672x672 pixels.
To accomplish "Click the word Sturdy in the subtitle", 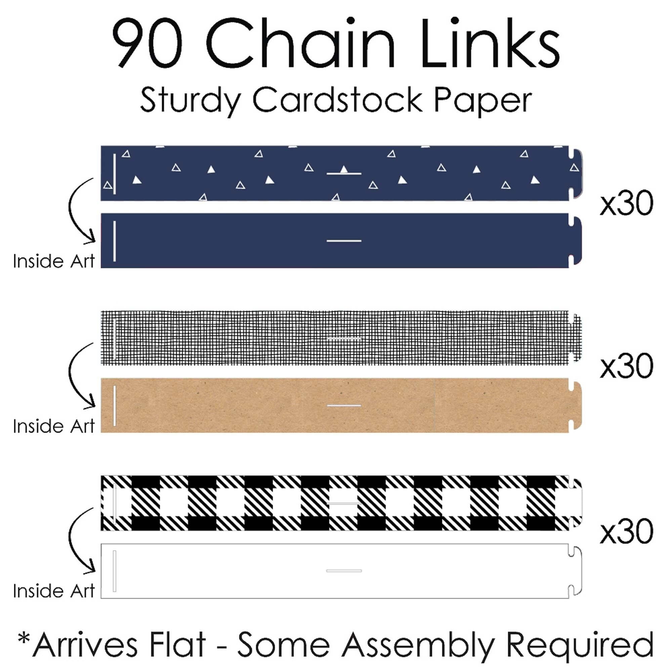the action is [x=191, y=100].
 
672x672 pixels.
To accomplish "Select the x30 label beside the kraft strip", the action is [x=626, y=366].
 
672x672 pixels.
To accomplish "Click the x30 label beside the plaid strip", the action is [x=626, y=531].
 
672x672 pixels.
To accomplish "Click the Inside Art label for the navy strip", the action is [x=53, y=261].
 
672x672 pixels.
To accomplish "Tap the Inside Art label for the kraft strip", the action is [x=53, y=426].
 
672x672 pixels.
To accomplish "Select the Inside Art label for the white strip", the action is [x=53, y=591].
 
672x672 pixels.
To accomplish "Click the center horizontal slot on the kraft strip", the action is [x=344, y=406].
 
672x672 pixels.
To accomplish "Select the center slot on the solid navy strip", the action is [x=344, y=241].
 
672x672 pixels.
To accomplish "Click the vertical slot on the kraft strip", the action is [x=115, y=406].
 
